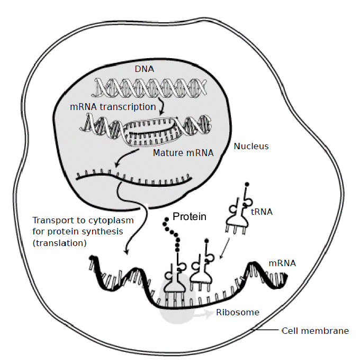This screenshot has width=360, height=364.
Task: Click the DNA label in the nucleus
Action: pos(143,70)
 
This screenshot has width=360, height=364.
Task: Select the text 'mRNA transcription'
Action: pos(113,106)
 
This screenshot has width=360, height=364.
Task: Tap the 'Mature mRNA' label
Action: pos(183,153)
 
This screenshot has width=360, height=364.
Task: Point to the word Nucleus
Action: pos(251,146)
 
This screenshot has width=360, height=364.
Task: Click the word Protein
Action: pos(189,216)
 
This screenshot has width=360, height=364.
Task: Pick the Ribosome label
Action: pos(238,312)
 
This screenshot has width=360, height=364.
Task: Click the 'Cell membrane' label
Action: pos(315,331)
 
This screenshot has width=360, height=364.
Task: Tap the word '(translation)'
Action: pos(59,242)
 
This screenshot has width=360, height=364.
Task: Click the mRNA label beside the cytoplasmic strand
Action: pos(282,262)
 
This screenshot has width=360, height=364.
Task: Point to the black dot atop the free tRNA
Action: pos(246,185)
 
